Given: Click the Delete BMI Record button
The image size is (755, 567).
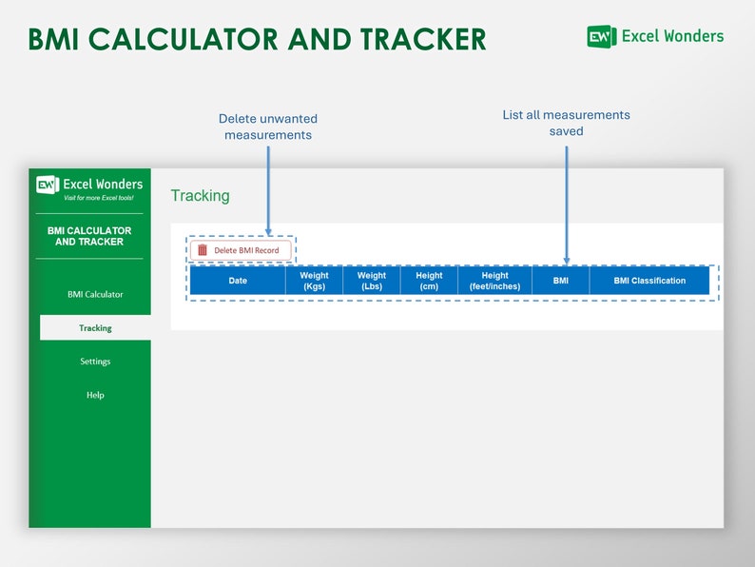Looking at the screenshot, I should pos(241,250).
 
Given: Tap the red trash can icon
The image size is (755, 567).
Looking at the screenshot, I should pos(202,250).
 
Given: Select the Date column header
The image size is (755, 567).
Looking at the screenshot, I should pos(238,281).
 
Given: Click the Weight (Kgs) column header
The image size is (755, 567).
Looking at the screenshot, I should pos(314,281).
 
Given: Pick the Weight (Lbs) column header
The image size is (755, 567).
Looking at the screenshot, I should pos(372,281).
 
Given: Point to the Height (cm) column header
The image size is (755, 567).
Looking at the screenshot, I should pos(429,281).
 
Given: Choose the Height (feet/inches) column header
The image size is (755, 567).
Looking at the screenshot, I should pos(494,281).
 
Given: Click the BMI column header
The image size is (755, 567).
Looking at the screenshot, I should pos(560,281).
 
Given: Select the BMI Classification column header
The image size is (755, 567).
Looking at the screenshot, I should pos(649,281).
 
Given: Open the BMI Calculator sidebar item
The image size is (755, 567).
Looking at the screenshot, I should pos(95,294).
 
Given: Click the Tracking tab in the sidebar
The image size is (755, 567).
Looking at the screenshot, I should pos(95,328).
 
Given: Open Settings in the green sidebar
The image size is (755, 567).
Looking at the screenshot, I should pos(95,362).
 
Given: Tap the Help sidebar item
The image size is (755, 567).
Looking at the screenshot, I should pos(95,395).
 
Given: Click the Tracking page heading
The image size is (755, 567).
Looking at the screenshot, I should pos(200,196).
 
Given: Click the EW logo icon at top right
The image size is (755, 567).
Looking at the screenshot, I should pos(602,37).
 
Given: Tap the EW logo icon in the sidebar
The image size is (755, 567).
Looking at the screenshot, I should pos(48,185).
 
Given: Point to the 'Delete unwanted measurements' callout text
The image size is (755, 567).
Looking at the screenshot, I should pos(268,127).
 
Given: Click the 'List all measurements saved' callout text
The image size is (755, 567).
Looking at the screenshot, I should pos(566,123).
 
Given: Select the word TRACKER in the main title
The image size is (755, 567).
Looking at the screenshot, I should pos(423,39).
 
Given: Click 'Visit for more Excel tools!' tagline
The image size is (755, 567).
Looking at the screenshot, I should pos(99,198).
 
